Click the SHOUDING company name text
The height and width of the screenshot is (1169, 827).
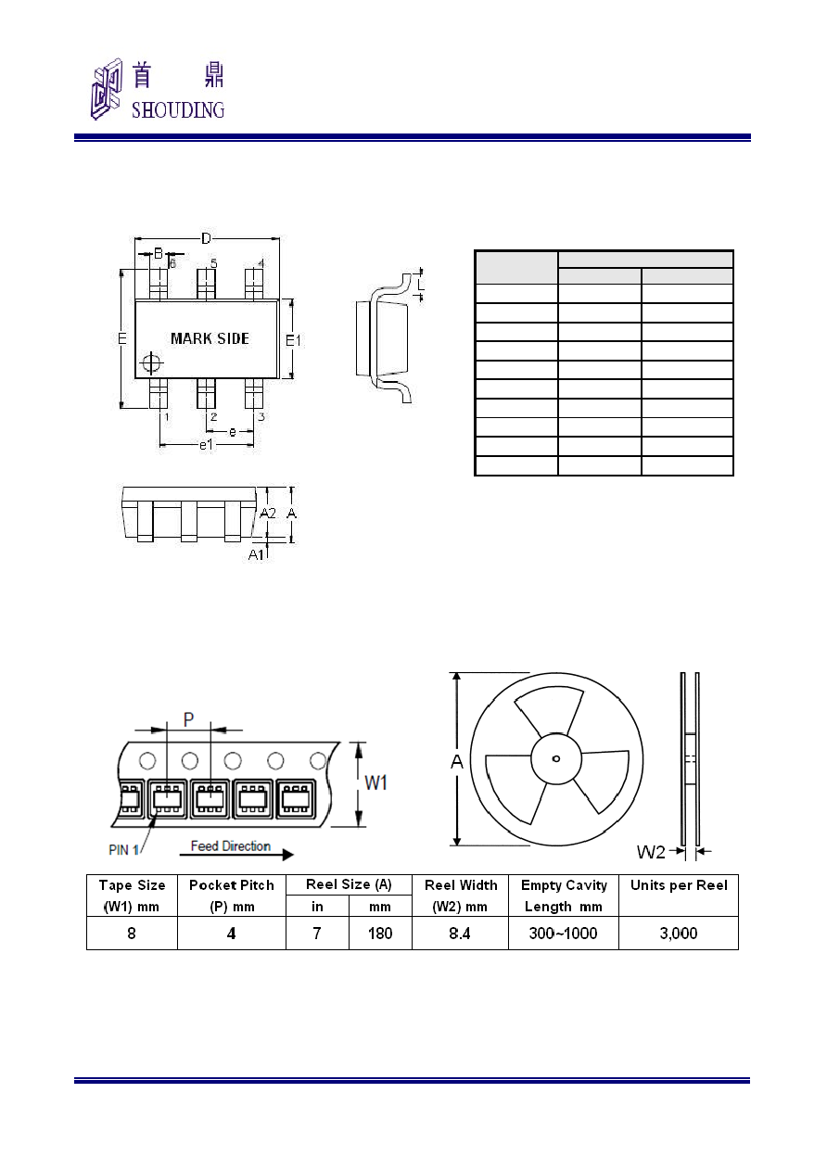(178, 110)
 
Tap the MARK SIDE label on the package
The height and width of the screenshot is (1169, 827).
(210, 338)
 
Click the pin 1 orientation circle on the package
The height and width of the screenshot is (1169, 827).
(151, 362)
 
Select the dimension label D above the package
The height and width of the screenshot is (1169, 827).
(206, 238)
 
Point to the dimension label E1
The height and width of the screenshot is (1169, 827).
(293, 341)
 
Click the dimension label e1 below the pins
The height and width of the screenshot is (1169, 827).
(207, 445)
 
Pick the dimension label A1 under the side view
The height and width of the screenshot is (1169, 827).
(256, 554)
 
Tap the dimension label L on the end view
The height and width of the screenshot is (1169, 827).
(421, 285)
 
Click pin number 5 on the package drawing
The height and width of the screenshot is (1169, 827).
(213, 263)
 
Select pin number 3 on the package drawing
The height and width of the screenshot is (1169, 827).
(261, 416)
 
